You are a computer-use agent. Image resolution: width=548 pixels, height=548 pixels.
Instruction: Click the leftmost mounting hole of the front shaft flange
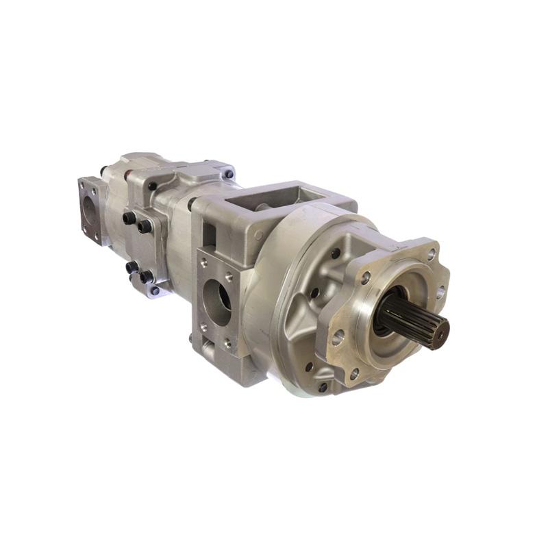[x=337, y=336]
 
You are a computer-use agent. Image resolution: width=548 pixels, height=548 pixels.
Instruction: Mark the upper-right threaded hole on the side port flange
[x=230, y=278]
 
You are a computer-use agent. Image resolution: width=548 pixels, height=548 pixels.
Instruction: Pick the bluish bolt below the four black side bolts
[x=155, y=291]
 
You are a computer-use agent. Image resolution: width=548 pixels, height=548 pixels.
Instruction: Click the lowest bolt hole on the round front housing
[x=322, y=386]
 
